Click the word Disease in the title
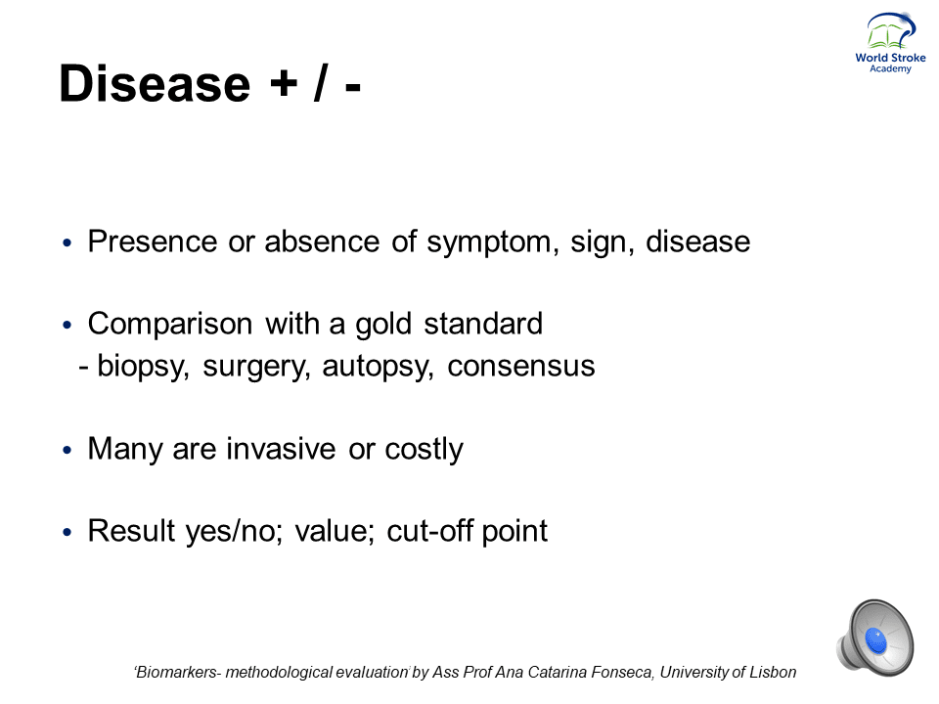coord(155,83)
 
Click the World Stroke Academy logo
coord(890,43)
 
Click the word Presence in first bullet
coord(153,242)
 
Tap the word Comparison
coord(170,324)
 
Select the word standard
coord(483,324)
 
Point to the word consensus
coord(521,367)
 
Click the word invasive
coord(281,449)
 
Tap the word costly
coord(424,449)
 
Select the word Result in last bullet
coord(132,530)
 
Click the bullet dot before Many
coord(67,450)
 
